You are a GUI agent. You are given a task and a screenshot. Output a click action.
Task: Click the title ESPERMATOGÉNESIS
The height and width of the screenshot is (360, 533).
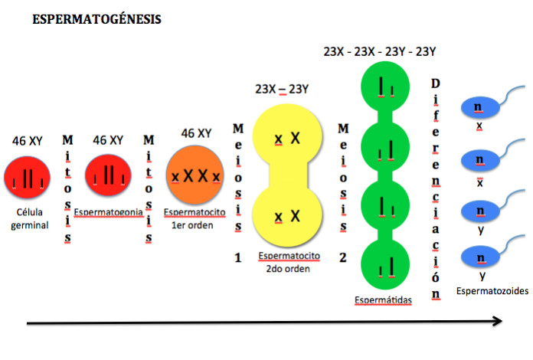pyautogui.click(x=96, y=19)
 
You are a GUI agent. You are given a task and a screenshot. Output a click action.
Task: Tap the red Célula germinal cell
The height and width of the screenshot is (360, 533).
pyautogui.click(x=28, y=177)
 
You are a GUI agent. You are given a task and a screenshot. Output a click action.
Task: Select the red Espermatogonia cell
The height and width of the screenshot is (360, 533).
pyautogui.click(x=108, y=175)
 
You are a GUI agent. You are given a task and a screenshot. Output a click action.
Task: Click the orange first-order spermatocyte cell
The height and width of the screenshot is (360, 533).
pyautogui.click(x=195, y=175)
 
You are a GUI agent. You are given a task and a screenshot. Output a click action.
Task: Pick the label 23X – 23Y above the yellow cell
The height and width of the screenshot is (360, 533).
pyautogui.click(x=282, y=89)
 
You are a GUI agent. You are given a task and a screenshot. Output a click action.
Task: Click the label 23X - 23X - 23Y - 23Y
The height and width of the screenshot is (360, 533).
pyautogui.click(x=379, y=51)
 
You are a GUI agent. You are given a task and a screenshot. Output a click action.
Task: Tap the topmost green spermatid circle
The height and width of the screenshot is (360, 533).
pyautogui.click(x=385, y=87)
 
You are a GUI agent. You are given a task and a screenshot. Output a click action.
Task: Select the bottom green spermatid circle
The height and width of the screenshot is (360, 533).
pyautogui.click(x=385, y=264)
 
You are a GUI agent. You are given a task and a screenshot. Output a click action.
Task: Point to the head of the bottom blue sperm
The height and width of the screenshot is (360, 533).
pyautogui.click(x=480, y=257)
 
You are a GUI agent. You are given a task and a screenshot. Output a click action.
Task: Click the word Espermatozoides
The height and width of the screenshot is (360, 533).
pyautogui.click(x=492, y=291)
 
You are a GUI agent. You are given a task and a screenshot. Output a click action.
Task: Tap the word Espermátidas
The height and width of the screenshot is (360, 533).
pyautogui.click(x=383, y=300)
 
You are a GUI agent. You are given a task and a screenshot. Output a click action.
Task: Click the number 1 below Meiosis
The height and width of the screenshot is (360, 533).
pyautogui.click(x=238, y=257)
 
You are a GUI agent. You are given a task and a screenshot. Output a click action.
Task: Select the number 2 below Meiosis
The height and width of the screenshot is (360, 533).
pyautogui.click(x=343, y=257)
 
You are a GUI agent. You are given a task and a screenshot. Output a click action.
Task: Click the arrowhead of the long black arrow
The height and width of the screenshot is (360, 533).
pyautogui.click(x=499, y=321)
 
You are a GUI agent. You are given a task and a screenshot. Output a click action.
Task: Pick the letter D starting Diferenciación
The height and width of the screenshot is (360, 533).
pyautogui.click(x=436, y=83)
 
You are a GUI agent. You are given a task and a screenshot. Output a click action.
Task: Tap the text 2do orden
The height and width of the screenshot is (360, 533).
pyautogui.click(x=288, y=269)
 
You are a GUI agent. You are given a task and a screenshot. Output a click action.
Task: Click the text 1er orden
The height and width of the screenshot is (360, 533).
pyautogui.click(x=192, y=225)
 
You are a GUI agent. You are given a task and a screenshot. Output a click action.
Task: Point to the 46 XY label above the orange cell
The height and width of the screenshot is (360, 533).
pyautogui.click(x=196, y=133)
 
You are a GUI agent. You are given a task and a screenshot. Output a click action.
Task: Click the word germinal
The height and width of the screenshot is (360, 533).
pyautogui.click(x=30, y=226)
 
